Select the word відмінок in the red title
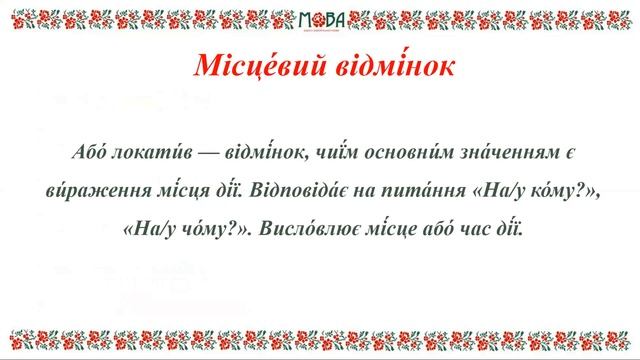[386, 66]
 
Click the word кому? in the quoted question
[544, 190]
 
